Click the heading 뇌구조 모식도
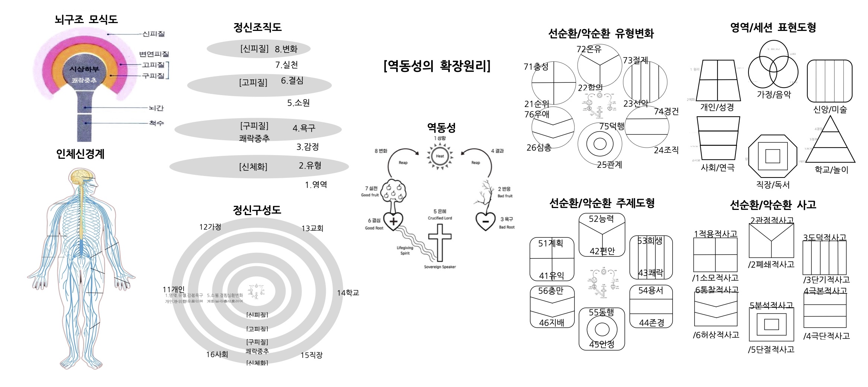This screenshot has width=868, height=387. [86, 19]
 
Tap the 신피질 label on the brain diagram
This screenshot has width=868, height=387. [153, 34]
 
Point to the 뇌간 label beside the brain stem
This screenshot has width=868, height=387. [156, 108]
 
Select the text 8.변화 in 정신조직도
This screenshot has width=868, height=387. [286, 49]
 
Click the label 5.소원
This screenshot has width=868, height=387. [298, 103]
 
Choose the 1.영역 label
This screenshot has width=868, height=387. [316, 185]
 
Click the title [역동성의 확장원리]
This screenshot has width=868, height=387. [437, 66]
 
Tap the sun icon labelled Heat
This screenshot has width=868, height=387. [440, 156]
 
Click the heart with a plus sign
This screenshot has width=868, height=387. [393, 221]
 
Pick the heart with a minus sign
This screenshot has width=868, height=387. [486, 221]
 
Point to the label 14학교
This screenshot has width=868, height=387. [348, 293]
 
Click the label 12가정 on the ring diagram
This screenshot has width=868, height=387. [210, 227]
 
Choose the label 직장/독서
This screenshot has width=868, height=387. [773, 185]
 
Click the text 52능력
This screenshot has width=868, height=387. [601, 219]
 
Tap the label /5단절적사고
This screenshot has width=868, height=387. [771, 350]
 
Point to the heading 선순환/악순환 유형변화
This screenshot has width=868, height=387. [601, 34]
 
